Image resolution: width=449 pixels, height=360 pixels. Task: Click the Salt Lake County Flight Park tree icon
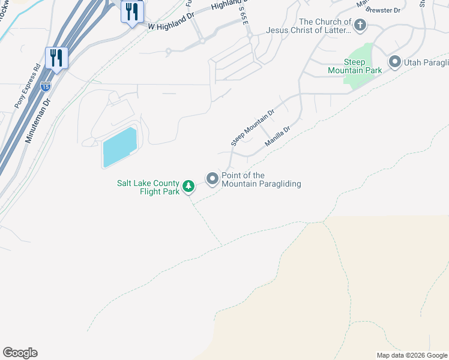[x=188, y=186]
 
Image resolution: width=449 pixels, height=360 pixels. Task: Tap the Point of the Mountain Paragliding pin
[x=212, y=179]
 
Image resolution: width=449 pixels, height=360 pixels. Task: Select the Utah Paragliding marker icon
[x=395, y=62]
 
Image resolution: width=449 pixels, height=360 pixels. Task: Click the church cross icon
[x=360, y=25]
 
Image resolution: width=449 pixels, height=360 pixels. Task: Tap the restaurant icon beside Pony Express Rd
[x=56, y=58]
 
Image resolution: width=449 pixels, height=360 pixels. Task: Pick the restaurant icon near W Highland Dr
[x=132, y=12]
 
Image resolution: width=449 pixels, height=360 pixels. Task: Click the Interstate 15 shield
[x=45, y=86]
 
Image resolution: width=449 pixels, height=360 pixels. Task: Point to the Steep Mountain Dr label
[x=252, y=127]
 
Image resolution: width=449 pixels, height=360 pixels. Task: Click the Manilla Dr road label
[x=277, y=137]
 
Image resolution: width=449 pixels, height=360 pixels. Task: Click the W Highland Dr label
[x=172, y=23]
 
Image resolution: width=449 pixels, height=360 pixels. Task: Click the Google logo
[x=20, y=353]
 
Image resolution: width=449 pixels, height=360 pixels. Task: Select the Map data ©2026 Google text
[x=412, y=355]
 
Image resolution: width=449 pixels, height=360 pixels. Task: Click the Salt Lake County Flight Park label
[x=148, y=187]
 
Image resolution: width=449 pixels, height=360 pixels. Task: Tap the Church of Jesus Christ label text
[x=325, y=26]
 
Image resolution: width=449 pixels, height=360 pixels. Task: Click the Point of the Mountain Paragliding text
[x=261, y=179]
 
